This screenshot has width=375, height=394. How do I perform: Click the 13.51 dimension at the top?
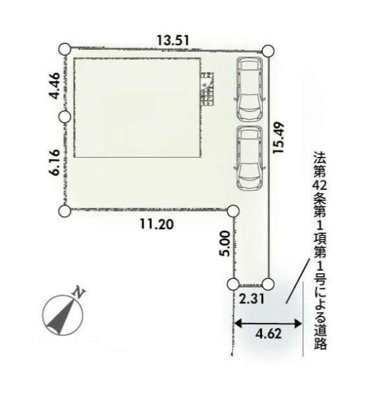pos(172,41)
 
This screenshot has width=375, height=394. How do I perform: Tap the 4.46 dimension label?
pos(55,85)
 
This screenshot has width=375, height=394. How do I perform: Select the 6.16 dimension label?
pos(55,162)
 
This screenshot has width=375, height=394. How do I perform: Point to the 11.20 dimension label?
pos(157,224)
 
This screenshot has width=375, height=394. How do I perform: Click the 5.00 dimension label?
pos(225,244)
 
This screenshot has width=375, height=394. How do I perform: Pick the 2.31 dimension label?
pos(251,299)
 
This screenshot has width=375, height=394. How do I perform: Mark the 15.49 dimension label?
pos(278,137)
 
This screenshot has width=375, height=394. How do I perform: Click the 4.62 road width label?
pos(268,334)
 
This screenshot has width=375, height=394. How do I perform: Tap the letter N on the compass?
pos(79,293)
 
